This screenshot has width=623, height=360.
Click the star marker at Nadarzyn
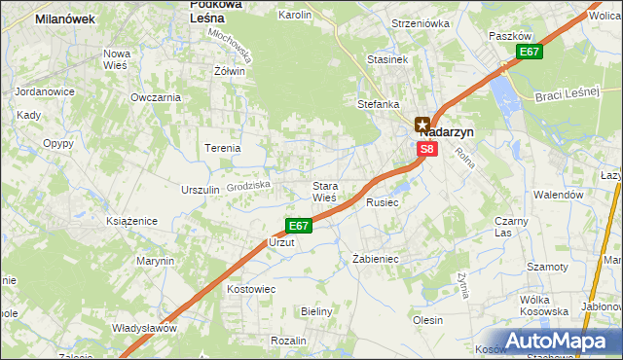pyautogui.click(x=421, y=125)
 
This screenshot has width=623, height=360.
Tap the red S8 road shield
pyautogui.click(x=427, y=149)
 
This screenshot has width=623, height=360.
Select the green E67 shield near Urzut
pyautogui.click(x=299, y=226)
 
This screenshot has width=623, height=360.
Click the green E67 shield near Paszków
pyautogui.click(x=530, y=52)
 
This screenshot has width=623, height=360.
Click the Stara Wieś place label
pyautogui.click(x=324, y=191)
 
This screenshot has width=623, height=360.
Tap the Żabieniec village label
pyautogui.click(x=376, y=259)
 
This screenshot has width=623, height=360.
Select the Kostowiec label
pyautogui.click(x=251, y=289)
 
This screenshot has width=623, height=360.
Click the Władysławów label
pyautogui.click(x=144, y=327)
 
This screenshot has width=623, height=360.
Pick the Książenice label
pyautogui.click(x=131, y=221)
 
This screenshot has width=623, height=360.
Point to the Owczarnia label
pyautogui.click(x=156, y=97)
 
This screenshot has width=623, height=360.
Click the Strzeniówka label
pyautogui.click(x=421, y=22)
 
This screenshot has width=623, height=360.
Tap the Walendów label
pyautogui.click(x=558, y=195)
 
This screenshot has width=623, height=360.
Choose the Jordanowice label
pyautogui.click(x=45, y=91)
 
